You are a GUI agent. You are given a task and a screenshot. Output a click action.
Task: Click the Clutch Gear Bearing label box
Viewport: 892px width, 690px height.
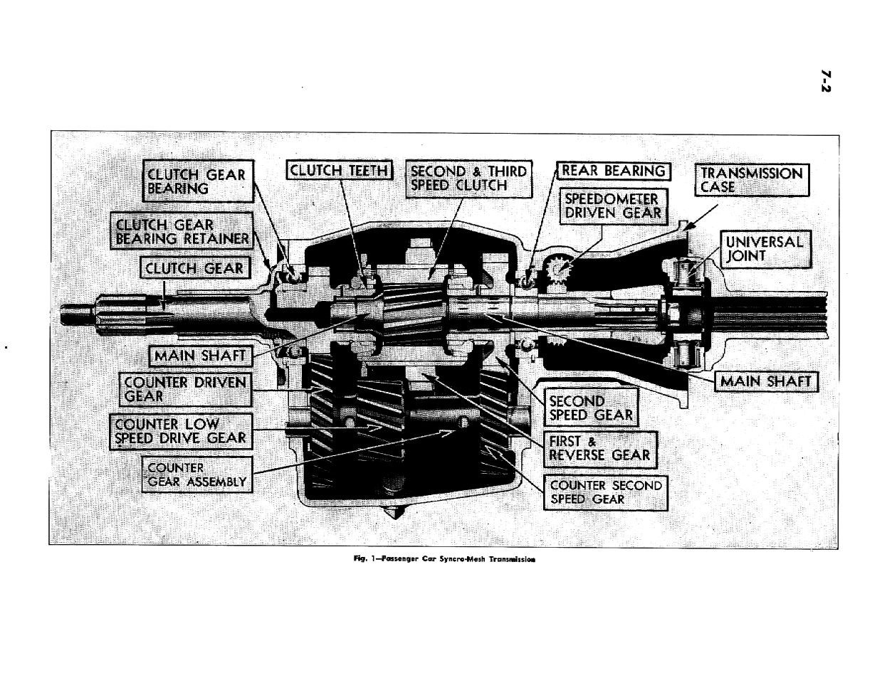coord(196,181)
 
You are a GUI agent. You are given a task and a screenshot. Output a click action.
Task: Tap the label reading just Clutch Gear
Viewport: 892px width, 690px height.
coord(194,268)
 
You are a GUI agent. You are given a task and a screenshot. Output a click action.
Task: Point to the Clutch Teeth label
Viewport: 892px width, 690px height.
coord(340,171)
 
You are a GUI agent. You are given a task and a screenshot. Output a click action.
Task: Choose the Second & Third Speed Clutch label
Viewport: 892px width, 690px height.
coord(468,179)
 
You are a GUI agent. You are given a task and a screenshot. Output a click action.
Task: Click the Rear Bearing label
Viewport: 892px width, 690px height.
coord(612,171)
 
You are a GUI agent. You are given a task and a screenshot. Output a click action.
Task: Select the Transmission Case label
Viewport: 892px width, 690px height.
coord(751,180)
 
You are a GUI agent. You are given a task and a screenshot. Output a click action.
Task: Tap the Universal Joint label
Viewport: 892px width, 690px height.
coord(764,248)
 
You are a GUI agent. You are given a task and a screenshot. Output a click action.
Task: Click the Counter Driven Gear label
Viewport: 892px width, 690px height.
coord(184,388)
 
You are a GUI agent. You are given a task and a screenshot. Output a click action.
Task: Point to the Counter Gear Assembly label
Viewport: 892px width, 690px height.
coord(196,474)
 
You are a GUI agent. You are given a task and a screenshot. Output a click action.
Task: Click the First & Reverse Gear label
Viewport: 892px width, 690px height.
coord(599,448)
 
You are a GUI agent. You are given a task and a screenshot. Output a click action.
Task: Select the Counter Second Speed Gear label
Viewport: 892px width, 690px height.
coord(606,492)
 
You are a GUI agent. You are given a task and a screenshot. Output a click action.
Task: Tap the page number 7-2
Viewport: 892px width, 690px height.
coord(826,80)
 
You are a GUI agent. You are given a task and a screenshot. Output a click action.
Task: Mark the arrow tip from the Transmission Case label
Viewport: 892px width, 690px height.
coord(684,228)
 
